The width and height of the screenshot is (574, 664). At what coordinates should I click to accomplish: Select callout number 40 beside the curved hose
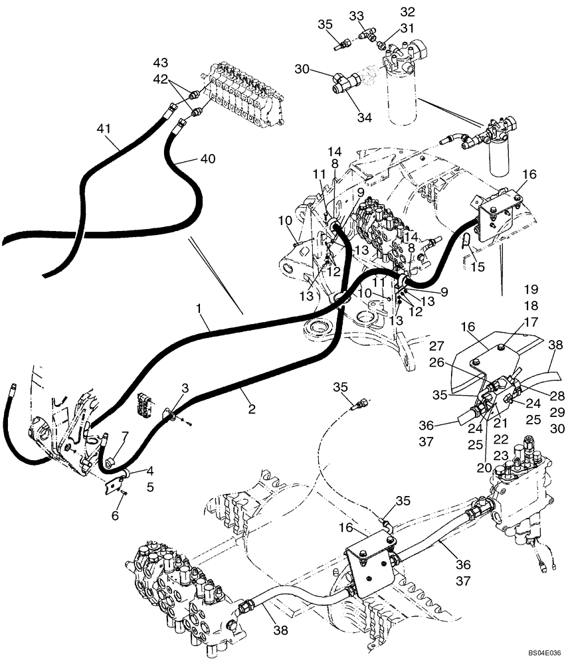pos(208,159)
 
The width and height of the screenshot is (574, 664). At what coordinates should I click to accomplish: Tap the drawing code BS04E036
pos(544,653)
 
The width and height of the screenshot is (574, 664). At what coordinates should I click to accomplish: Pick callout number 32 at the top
pos(407,11)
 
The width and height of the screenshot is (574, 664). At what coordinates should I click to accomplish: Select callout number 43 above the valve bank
pos(161,62)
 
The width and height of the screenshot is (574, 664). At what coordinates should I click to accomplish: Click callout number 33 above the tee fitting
pos(357,15)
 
